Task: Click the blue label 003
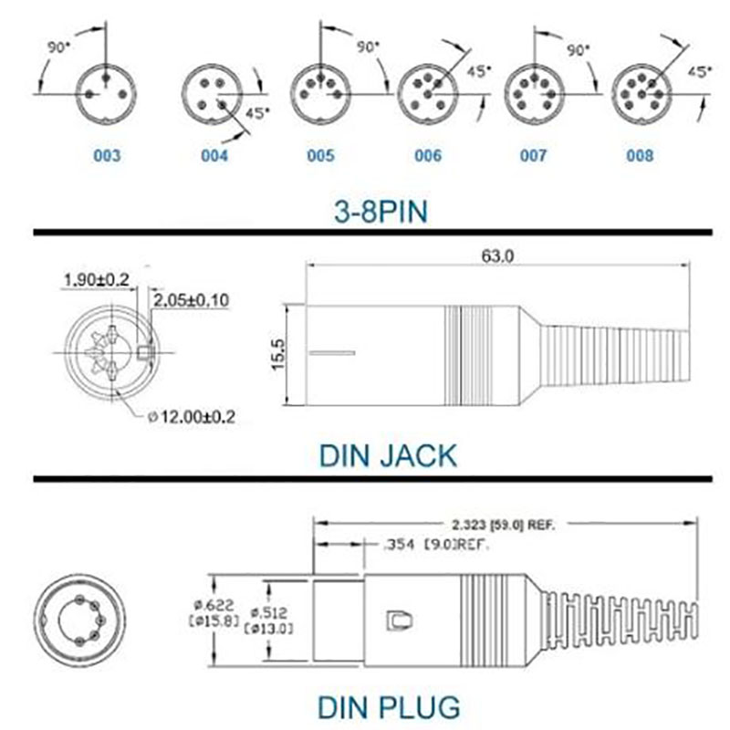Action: tap(107, 155)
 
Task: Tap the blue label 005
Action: tap(320, 155)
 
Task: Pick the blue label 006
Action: tap(427, 155)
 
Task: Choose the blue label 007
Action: tap(534, 155)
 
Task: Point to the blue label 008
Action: tap(641, 155)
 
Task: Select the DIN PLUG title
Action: tap(388, 705)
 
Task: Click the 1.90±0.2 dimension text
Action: tap(96, 278)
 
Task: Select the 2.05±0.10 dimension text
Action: tap(191, 299)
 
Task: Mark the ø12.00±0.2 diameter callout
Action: tap(192, 417)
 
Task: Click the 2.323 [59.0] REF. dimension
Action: tap(504, 525)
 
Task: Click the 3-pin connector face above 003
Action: tap(107, 89)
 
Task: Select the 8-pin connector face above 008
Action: tap(641, 91)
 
